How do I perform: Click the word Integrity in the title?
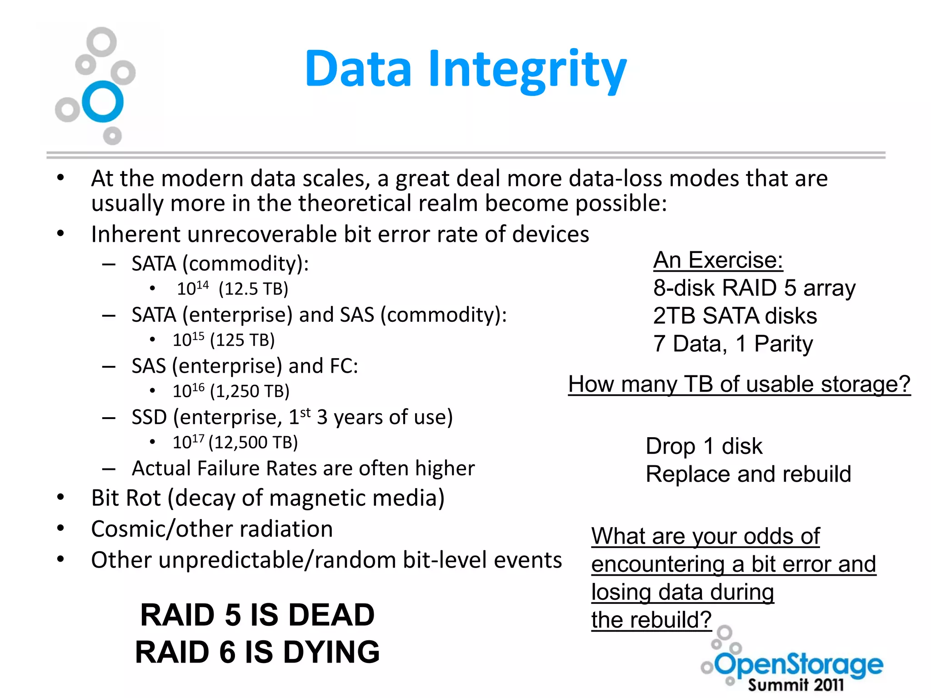point(527,70)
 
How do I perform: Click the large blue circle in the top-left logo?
point(103,101)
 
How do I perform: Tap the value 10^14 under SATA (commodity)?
point(192,289)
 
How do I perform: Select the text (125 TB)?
point(243,340)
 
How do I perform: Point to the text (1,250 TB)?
point(250,391)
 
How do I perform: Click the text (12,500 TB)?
point(253,442)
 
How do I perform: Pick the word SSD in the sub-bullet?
point(149,417)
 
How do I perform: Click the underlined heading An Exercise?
point(718,260)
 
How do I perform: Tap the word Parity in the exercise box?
point(783,344)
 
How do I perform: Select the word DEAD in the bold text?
point(331,615)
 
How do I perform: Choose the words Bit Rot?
point(126,498)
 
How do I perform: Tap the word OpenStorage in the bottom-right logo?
point(799,665)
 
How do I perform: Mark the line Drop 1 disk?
point(704,446)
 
